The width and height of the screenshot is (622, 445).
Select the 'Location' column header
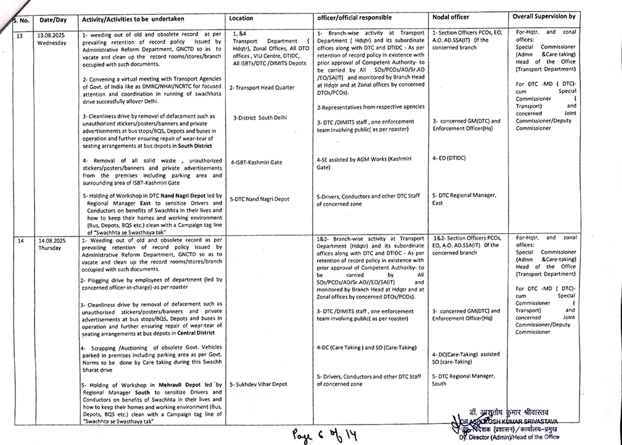click(x=241, y=19)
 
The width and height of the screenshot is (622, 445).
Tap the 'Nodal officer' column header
click(x=452, y=17)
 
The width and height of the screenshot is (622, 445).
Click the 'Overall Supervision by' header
click(x=544, y=16)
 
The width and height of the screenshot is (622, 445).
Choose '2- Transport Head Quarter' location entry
click(x=262, y=88)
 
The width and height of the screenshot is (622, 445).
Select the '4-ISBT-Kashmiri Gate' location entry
click(x=256, y=162)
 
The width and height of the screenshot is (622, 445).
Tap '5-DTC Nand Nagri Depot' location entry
click(x=259, y=199)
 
